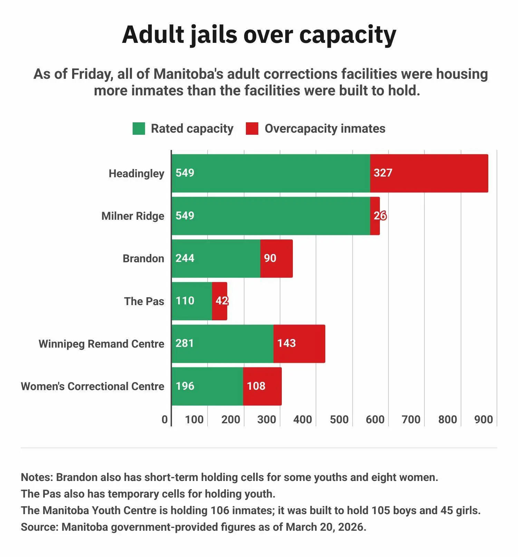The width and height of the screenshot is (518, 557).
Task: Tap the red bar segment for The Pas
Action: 220,301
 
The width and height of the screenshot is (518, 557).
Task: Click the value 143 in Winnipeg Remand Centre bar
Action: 286,343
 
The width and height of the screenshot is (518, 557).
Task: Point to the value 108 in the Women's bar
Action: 256,386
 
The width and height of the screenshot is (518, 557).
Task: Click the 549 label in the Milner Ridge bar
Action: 185,216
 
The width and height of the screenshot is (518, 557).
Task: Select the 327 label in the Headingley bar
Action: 383,173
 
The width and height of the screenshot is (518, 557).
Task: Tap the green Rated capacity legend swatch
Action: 139,129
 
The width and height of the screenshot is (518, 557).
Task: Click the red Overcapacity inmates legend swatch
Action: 252,129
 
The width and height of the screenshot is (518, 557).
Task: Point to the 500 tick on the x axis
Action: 339,419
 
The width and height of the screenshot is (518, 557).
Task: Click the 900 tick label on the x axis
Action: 483,419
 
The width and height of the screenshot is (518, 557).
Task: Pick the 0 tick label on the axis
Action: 165,419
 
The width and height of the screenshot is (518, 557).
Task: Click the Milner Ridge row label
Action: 133,216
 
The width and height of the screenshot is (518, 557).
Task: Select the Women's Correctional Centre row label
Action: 93,386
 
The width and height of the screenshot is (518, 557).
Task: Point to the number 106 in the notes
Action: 220,510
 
